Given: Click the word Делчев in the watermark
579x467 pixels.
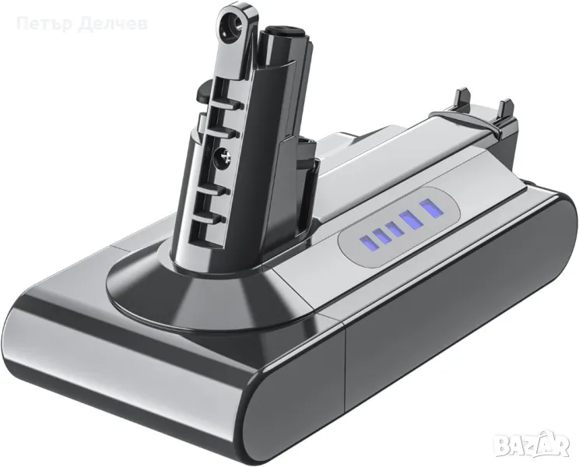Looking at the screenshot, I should click(93, 24).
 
